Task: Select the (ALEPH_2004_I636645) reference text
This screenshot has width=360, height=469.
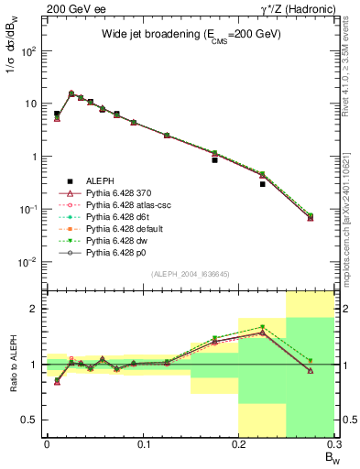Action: tap(191, 274)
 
